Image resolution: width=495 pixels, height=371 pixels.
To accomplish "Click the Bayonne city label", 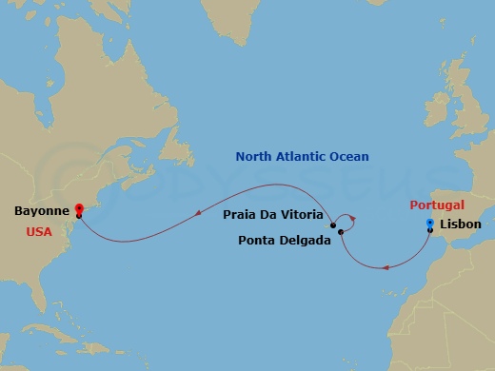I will (40, 211).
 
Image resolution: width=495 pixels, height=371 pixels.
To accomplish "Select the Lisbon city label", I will (461, 225).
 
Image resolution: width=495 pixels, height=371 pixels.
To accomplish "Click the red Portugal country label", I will (437, 205).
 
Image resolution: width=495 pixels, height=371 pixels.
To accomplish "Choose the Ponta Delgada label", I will (284, 240).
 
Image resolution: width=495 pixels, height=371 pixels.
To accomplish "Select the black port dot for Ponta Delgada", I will (340, 231).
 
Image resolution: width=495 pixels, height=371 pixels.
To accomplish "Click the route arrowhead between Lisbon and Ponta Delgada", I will (386, 267).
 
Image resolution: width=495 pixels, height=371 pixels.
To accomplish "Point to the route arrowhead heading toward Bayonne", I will (197, 212).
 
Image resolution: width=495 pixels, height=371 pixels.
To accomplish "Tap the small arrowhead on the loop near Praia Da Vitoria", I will (352, 219).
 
